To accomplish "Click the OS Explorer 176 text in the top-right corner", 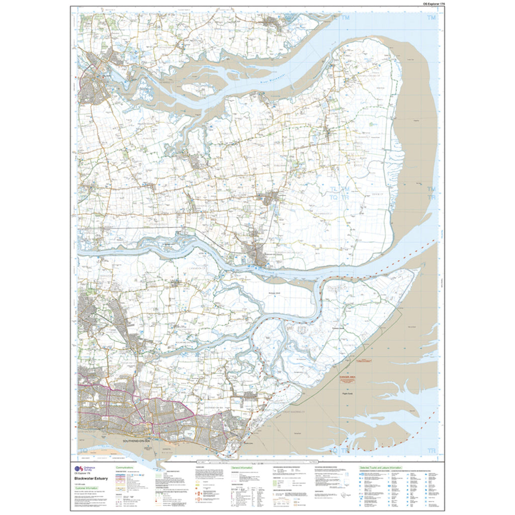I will (x=428, y=4).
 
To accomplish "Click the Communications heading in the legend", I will (x=125, y=467).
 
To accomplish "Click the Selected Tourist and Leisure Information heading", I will (x=381, y=467).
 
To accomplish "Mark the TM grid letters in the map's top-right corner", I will (x=431, y=18).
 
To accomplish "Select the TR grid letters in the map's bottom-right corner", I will (x=431, y=449).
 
